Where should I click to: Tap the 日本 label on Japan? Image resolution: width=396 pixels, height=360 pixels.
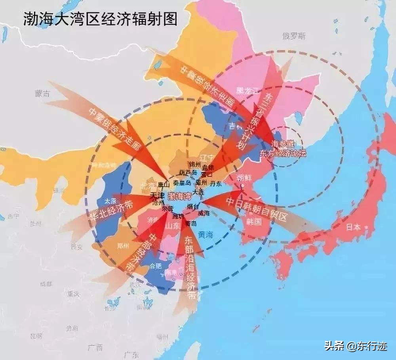pos(353,227)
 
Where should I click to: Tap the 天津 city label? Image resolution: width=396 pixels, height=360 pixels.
pos(157,196)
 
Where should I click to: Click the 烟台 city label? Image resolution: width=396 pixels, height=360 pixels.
pos(194,206)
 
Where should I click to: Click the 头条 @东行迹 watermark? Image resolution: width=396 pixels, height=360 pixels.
pos(356,346)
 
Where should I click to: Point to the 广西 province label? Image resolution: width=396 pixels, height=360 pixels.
pos(95,348)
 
